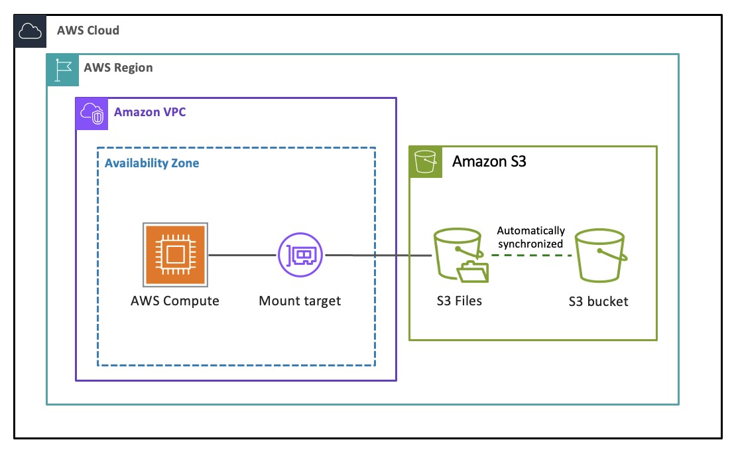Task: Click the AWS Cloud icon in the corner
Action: click(30, 31)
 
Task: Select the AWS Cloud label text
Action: click(88, 31)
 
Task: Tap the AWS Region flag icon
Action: click(62, 69)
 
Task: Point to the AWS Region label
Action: click(118, 68)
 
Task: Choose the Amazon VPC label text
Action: click(150, 112)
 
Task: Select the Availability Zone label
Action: click(152, 163)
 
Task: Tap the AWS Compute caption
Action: click(175, 301)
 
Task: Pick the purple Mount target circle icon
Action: click(300, 254)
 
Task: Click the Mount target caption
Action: click(300, 301)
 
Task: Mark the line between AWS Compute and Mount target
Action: click(243, 254)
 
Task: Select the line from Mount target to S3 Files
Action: click(378, 255)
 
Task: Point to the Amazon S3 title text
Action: click(489, 161)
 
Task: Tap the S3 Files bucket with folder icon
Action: click(460, 256)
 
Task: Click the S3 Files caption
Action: click(459, 301)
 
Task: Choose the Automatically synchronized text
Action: click(531, 237)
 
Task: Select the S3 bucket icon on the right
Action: click(599, 256)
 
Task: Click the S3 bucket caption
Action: click(598, 302)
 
